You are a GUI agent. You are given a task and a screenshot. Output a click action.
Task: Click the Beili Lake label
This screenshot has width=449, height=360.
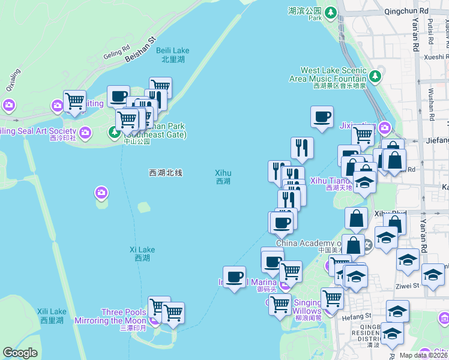[172, 55]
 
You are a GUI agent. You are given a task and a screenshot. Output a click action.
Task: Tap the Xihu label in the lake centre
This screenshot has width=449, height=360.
[223, 176]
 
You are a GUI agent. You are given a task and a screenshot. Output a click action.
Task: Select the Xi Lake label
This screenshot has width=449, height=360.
[142, 254]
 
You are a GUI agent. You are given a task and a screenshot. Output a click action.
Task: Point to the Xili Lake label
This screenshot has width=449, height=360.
[52, 316]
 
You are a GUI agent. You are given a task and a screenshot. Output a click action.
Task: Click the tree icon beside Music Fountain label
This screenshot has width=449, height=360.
[375, 76]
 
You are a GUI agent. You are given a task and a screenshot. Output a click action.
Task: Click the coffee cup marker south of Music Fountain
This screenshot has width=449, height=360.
[322, 116]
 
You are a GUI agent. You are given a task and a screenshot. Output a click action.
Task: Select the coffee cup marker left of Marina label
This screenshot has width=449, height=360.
[234, 277]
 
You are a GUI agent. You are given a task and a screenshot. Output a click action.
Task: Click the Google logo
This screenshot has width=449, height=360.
[20, 353]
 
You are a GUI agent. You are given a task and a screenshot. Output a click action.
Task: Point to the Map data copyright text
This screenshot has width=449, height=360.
[424, 355]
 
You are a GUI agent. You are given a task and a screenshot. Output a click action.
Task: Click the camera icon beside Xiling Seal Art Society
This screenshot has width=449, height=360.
[85, 132]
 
